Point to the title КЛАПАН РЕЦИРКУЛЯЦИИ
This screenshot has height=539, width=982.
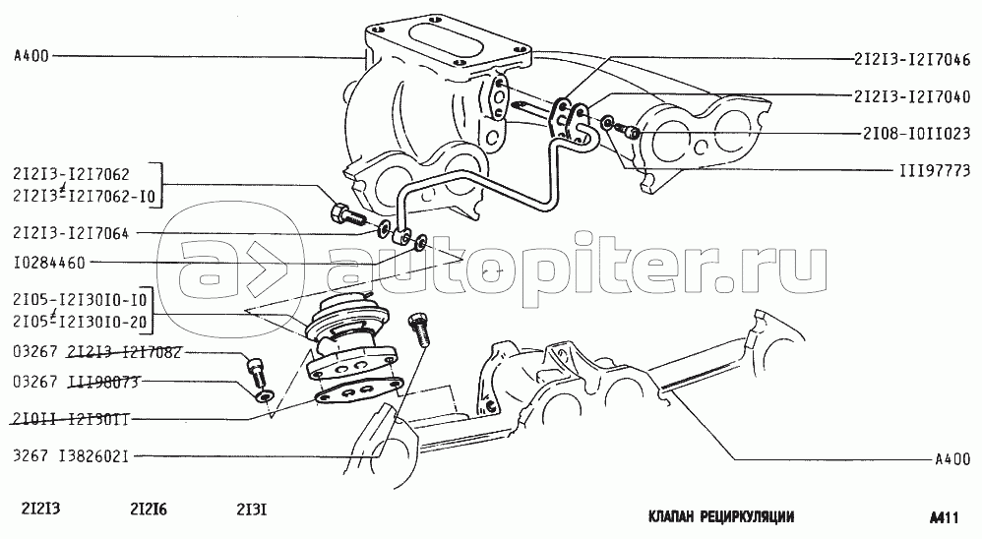(721, 516)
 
